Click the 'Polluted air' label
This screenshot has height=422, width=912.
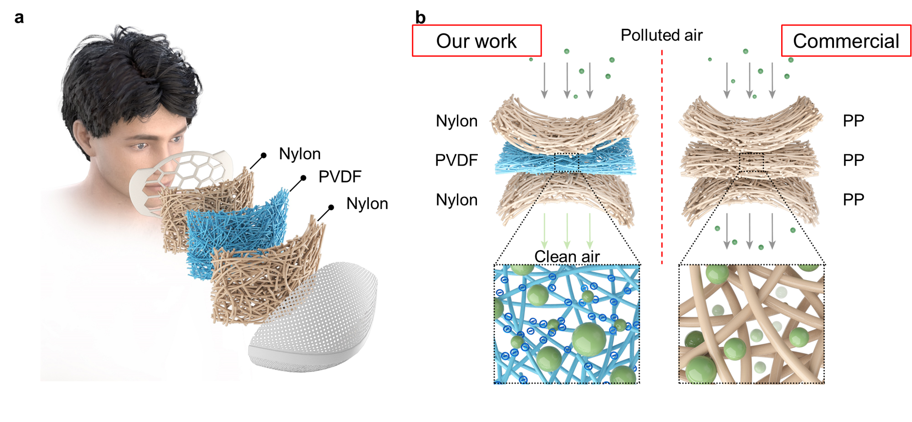tap(661, 35)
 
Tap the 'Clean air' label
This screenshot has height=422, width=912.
tap(567, 256)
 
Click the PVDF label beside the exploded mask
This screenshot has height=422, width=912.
tap(340, 177)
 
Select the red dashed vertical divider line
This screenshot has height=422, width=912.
tap(662, 155)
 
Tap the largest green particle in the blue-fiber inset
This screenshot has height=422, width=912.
tap(589, 339)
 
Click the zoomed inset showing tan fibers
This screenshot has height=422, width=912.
tap(751, 324)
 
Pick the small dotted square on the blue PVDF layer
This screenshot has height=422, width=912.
tap(566, 162)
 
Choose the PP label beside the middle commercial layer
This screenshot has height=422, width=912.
tap(853, 160)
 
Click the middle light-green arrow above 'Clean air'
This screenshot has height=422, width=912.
tap(567, 230)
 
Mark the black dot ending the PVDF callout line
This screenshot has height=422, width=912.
tap(303, 178)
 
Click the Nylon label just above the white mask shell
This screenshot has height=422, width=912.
tap(367, 203)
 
